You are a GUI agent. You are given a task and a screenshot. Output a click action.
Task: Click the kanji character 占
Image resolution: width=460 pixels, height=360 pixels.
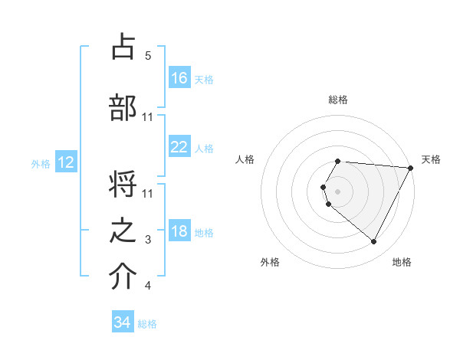(x=123, y=47)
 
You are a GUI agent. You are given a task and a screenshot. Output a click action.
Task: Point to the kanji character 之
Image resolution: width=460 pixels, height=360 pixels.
(x=123, y=231)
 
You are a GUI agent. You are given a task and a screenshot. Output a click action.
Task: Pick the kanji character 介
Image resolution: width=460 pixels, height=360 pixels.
(x=123, y=277)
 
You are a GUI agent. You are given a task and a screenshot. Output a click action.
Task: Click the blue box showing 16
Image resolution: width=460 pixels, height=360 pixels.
(x=179, y=77)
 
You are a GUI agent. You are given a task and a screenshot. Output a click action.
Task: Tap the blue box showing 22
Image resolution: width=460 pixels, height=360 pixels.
(x=179, y=147)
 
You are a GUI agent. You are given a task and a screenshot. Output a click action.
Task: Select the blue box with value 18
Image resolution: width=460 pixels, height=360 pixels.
(x=179, y=231)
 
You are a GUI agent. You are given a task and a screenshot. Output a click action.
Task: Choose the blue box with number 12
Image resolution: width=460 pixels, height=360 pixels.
(x=65, y=162)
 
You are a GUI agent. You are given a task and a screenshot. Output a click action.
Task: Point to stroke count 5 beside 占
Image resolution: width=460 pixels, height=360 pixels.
(x=148, y=56)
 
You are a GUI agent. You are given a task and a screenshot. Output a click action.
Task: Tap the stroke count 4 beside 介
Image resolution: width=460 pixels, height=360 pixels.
(x=148, y=286)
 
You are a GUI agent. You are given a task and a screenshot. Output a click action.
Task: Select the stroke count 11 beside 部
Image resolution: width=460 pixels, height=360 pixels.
(x=148, y=116)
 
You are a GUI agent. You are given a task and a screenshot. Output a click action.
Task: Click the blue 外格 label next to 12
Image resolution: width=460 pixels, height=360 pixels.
(x=41, y=163)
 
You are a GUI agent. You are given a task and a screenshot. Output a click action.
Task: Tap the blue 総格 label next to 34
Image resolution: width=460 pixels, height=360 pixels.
(x=147, y=324)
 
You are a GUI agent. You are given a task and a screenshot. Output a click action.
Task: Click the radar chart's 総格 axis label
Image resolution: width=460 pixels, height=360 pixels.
(x=338, y=100)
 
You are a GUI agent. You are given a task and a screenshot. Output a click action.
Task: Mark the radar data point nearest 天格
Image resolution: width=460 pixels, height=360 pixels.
(x=410, y=168)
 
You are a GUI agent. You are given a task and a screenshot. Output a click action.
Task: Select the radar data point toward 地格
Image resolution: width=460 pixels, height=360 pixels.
(x=374, y=242)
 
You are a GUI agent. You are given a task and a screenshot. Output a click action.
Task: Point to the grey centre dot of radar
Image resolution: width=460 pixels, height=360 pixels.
(x=337, y=190)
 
